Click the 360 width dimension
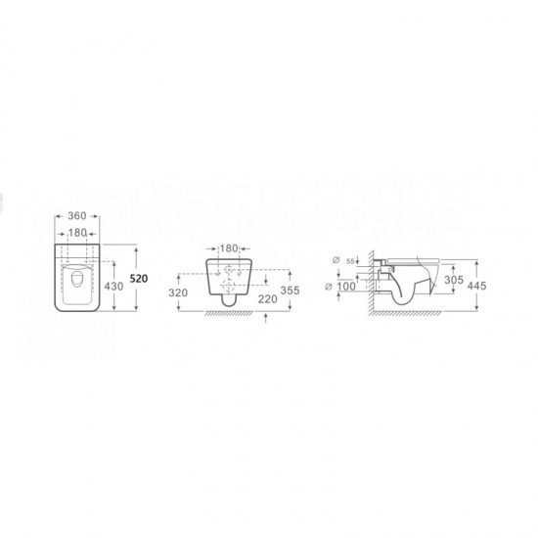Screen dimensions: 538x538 (x=77, y=216)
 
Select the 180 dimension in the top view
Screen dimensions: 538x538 (x=77, y=233)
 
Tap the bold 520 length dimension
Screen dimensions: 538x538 (x=139, y=279)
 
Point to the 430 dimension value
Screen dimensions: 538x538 (x=113, y=287)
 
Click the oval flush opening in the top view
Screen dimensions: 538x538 (x=76, y=280)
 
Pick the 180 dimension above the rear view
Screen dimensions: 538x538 (x=229, y=248)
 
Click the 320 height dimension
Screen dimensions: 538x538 (x=178, y=292)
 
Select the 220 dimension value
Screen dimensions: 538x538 (x=268, y=299)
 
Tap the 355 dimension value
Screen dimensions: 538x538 (x=290, y=291)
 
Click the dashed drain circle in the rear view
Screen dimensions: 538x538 (x=228, y=285)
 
